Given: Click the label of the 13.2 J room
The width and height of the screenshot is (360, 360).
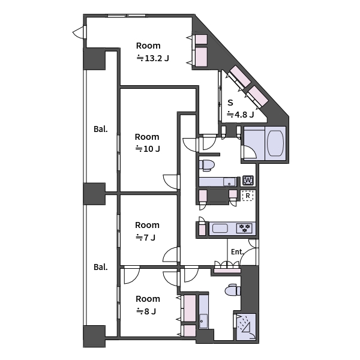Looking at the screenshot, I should (x=148, y=52).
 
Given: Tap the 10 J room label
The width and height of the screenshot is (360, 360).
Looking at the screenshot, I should (x=147, y=142).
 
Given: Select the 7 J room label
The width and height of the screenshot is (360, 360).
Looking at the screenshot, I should (x=147, y=231).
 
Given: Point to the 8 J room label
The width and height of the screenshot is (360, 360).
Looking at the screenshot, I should (x=147, y=305).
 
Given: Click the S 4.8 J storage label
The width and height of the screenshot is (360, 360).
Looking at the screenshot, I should (x=239, y=109).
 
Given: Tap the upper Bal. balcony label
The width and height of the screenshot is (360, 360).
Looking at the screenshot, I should (x=100, y=129).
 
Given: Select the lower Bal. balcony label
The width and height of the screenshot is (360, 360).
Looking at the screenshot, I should (x=100, y=266).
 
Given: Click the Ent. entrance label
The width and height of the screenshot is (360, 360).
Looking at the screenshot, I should (x=237, y=252).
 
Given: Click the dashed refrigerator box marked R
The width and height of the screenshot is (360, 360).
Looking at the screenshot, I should (x=248, y=195).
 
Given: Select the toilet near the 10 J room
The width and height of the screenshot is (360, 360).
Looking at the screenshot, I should (x=208, y=164).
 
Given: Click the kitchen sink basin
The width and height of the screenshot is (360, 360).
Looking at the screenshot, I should (x=220, y=229).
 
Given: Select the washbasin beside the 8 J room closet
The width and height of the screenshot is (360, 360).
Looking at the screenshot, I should (x=203, y=321).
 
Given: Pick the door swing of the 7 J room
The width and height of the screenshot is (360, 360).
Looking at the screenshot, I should (x=171, y=255).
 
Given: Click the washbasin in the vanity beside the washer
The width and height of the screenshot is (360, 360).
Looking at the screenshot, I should (x=229, y=181).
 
